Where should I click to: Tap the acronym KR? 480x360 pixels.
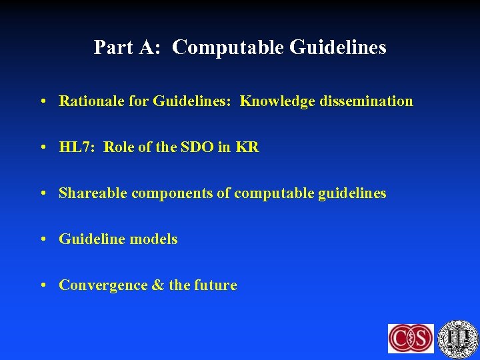tap(247, 147)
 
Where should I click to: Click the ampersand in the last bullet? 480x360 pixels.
tap(158, 285)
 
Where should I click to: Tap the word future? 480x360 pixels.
tap(215, 285)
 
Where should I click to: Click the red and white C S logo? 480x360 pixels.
tap(411, 338)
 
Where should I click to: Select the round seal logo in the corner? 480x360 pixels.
tap(458, 337)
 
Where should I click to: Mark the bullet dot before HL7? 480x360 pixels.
tap(43, 148)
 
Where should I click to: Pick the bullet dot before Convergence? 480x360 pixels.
tap(43, 286)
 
